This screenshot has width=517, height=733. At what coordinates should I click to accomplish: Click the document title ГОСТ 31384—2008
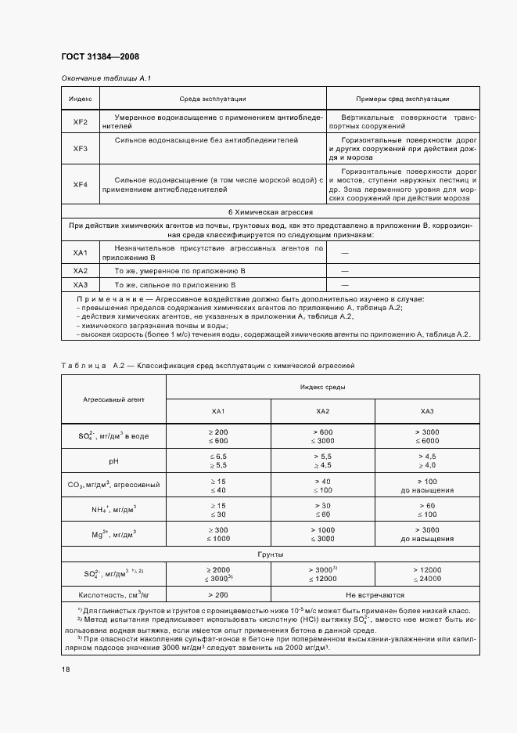click(100, 56)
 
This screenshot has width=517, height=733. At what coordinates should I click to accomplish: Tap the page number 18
click(66, 668)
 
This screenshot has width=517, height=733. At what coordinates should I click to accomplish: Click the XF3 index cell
click(81, 149)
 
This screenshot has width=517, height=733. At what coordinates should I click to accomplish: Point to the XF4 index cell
click(81, 184)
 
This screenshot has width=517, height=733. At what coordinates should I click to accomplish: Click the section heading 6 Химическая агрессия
click(271, 211)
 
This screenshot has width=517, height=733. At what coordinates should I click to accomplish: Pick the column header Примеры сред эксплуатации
click(402, 99)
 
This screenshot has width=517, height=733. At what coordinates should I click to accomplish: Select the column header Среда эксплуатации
click(213, 99)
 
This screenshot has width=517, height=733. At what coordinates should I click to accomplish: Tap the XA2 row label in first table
click(81, 270)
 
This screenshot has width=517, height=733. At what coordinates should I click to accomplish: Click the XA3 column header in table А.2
click(427, 411)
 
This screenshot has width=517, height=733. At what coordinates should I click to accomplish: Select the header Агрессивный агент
click(113, 399)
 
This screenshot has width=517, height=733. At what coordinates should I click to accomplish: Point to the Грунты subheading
click(271, 553)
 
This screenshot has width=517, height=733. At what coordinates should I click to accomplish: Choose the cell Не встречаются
click(375, 595)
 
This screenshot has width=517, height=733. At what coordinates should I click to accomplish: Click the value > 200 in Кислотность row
click(218, 595)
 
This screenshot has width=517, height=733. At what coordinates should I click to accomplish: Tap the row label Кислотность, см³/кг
click(113, 595)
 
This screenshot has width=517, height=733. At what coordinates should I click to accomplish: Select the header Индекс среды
click(322, 387)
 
